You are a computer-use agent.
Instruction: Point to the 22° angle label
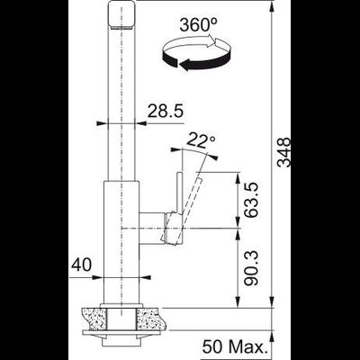point(201,139)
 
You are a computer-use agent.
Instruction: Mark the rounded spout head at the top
point(121,16)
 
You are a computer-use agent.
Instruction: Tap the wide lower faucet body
point(122,243)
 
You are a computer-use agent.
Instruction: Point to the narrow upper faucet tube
point(122,99)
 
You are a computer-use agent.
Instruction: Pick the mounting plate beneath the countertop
point(121,332)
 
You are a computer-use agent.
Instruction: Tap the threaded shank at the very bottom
point(121,346)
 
